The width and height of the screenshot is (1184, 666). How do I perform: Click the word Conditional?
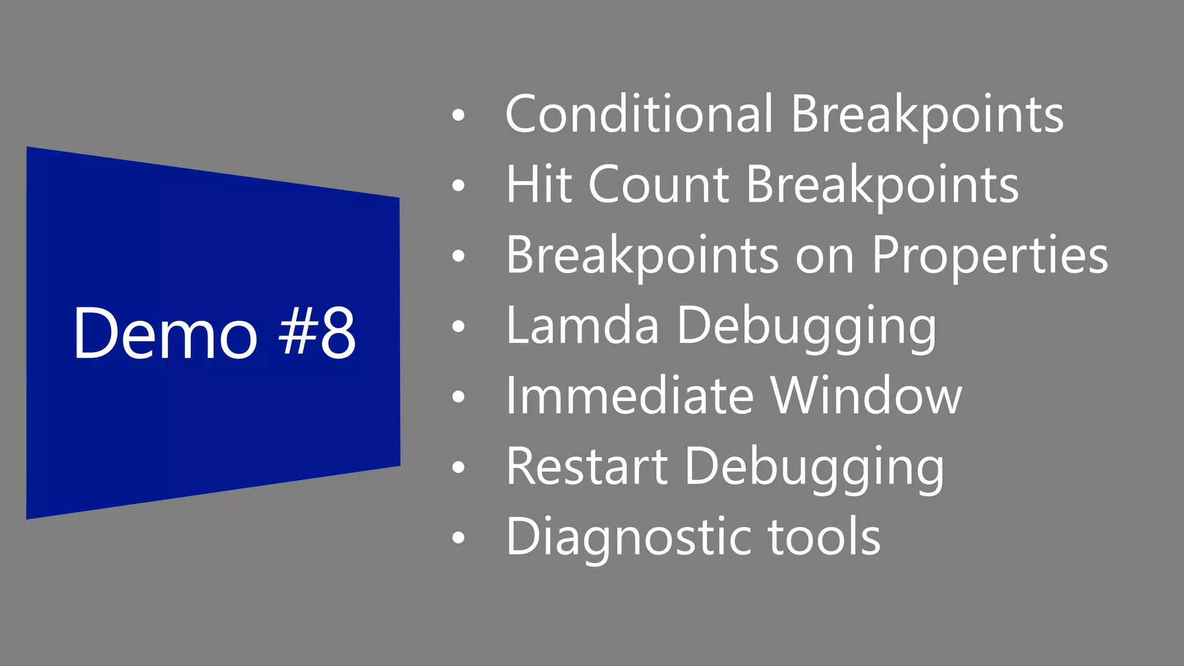click(639, 114)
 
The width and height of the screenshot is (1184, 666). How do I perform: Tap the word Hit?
click(538, 184)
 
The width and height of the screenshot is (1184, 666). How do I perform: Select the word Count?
click(659, 184)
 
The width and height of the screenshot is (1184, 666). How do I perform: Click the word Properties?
click(989, 256)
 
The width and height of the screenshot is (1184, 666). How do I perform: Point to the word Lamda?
click(582, 326)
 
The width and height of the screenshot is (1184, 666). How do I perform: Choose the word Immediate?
click(630, 396)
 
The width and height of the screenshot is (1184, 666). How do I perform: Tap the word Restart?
click(587, 467)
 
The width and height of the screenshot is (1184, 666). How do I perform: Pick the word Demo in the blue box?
click(165, 334)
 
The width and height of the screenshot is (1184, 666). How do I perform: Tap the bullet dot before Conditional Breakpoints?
click(458, 115)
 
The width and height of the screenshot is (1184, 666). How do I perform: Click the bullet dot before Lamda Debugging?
click(458, 327)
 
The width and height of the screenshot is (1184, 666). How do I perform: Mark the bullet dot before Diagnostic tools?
click(458, 538)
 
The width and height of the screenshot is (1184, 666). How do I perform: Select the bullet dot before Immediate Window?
click(458, 397)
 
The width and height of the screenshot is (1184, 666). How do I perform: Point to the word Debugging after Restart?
click(814, 468)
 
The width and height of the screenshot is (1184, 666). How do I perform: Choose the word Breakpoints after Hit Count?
click(882, 186)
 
